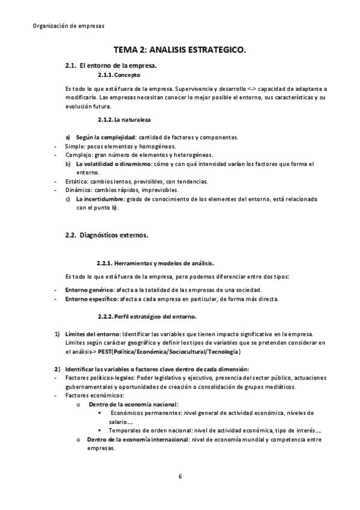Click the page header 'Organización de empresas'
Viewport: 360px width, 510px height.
67,26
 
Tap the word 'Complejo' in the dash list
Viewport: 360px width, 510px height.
78,155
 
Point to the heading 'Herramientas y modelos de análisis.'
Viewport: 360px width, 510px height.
164,263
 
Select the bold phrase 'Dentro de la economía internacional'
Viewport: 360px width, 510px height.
138,440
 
